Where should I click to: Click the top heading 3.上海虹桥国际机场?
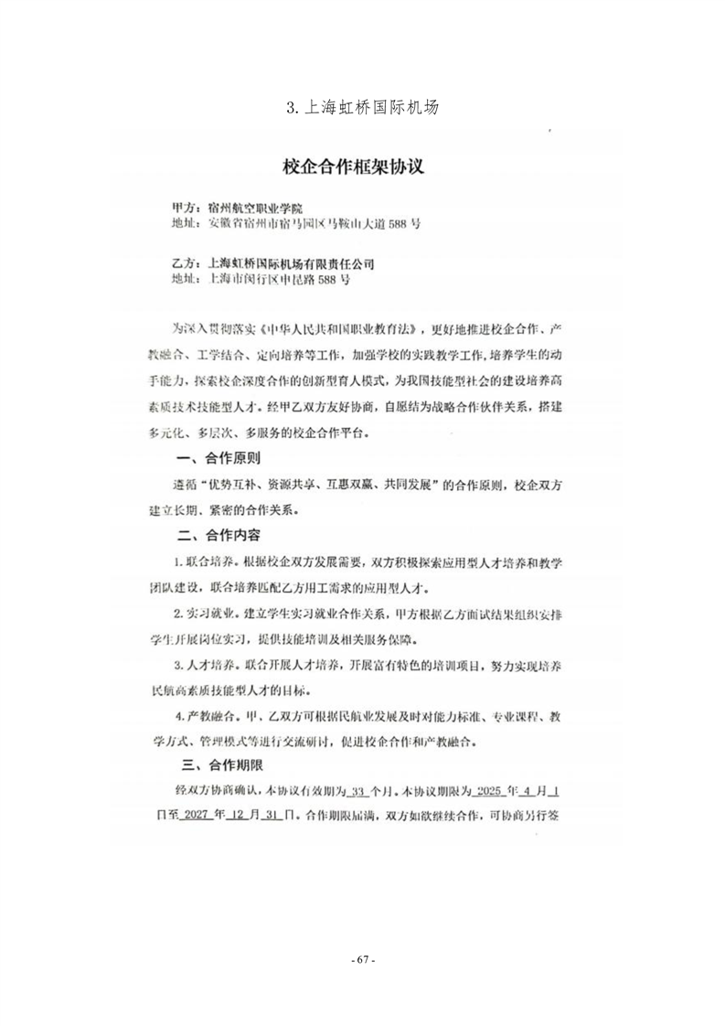(362, 108)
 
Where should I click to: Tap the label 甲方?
(187, 208)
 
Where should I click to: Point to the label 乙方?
(187, 263)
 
